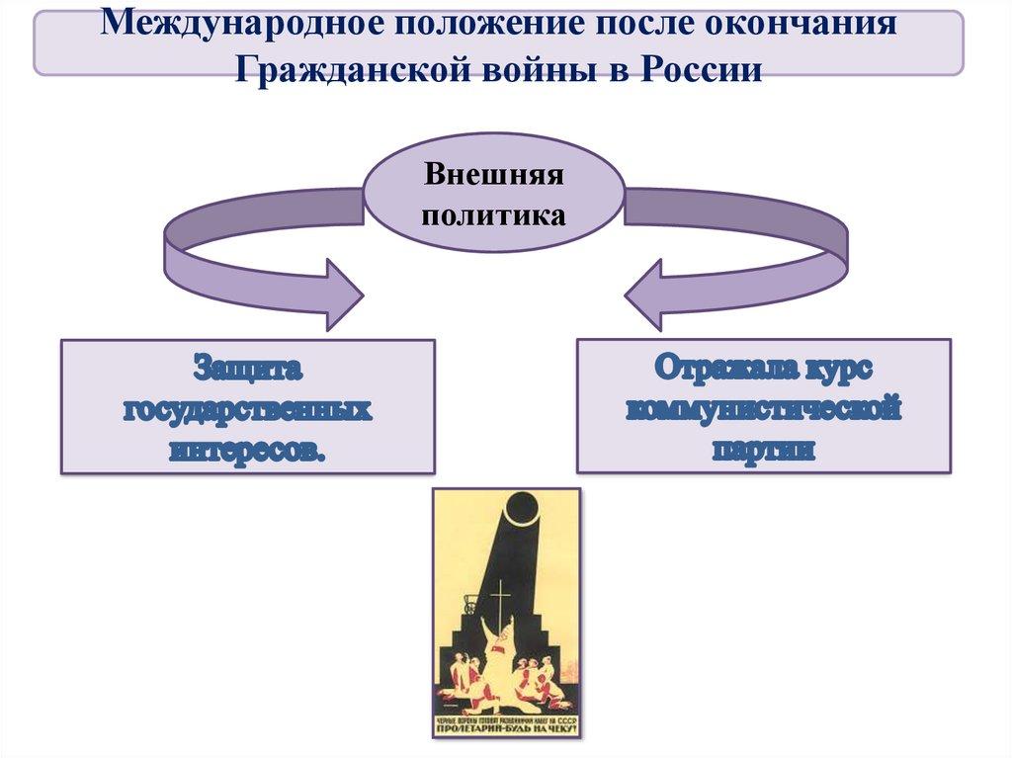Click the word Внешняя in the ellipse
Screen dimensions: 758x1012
pyautogui.click(x=494, y=176)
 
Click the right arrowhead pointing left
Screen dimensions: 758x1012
pyautogui.click(x=648, y=294)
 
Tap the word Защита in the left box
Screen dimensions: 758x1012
pyautogui.click(x=247, y=370)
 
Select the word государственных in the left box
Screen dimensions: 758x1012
pyautogui.click(x=247, y=408)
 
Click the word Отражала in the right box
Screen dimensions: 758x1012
pyautogui.click(x=718, y=370)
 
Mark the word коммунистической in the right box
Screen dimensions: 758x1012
pyautogui.click(x=764, y=408)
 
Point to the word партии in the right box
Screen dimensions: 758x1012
pyautogui.click(x=764, y=449)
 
